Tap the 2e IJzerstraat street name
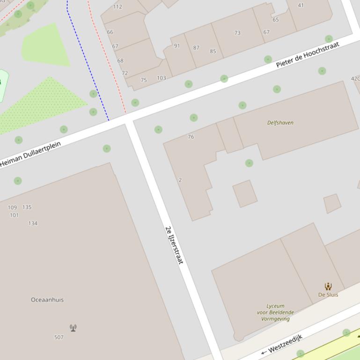pos(174,245)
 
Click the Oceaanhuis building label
pos(47,300)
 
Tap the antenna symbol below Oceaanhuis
pos(73,328)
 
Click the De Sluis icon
pos(328,286)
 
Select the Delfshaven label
pos(280,122)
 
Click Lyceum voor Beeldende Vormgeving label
pos(275,312)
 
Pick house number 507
pos(59,337)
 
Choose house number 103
pos(162,78)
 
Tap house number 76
pos(191,137)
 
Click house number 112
pos(118,7)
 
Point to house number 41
pos(301,5)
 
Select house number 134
pos(33,223)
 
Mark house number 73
pos(237,33)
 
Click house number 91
pos(176,46)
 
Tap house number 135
pos(27,207)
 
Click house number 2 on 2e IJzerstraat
pos(180,180)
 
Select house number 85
pos(213,51)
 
